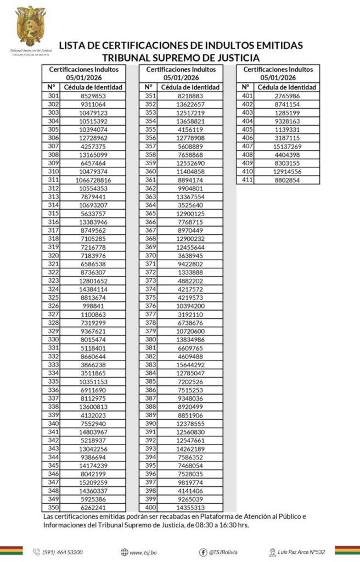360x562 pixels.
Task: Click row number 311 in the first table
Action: tap(53, 180)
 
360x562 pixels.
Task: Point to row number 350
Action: tap(53, 508)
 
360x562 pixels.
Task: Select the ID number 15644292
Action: tap(190, 365)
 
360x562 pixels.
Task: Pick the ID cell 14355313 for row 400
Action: tap(190, 508)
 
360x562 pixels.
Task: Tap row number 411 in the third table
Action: tap(247, 180)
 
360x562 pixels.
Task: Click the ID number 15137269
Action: tap(287, 147)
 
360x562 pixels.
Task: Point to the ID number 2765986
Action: tap(287, 96)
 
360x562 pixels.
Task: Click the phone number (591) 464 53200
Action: tap(63, 552)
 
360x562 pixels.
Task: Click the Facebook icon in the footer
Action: tap(203, 552)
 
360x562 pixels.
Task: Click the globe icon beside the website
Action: tap(124, 552)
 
